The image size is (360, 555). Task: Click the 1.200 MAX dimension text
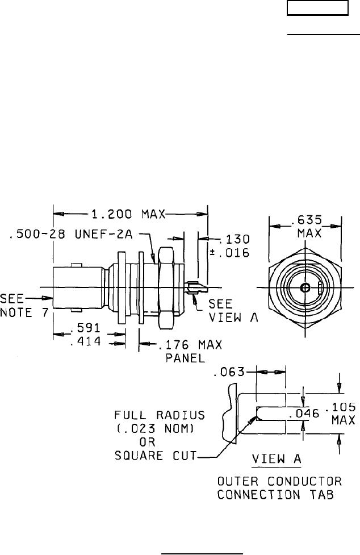[x=128, y=214]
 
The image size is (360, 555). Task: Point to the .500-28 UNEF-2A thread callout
[x=71, y=234]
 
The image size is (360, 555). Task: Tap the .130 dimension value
[x=235, y=239]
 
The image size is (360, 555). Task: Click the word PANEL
[x=185, y=358]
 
